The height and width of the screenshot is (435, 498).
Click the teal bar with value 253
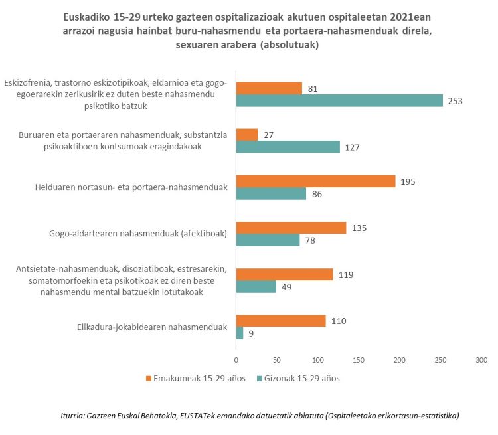(339, 101)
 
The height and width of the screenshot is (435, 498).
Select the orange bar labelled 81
(270, 88)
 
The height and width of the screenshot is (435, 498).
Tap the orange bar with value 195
(316, 181)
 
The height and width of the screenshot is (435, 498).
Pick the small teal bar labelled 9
(240, 333)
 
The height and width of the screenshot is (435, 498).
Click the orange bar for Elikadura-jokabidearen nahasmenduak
(282, 321)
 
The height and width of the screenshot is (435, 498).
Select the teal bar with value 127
(288, 147)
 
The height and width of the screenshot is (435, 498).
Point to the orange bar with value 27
(247, 134)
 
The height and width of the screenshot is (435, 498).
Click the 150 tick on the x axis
(359, 359)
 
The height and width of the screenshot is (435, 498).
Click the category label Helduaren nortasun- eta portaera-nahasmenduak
(131, 187)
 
